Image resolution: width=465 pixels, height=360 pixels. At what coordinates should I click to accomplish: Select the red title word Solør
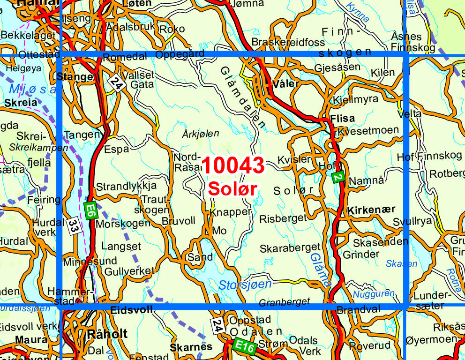click(x=233, y=189)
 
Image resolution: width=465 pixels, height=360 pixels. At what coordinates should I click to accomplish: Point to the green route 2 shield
click(x=338, y=177)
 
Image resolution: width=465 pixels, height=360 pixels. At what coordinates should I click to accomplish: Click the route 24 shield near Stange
click(x=115, y=83)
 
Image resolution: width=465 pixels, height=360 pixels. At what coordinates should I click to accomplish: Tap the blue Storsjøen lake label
click(x=245, y=285)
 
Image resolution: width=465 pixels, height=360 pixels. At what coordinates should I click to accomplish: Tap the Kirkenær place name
click(x=371, y=210)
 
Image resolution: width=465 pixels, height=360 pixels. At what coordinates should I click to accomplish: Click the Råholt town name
click(x=107, y=333)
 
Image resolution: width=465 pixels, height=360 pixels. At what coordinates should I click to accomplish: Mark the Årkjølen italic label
click(x=200, y=134)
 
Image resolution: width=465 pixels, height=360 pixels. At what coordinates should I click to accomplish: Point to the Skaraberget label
click(x=290, y=247)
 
